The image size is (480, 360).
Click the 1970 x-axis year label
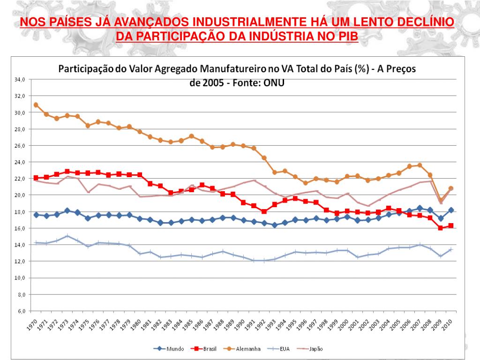(32, 323)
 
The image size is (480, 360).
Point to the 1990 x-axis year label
(240, 323)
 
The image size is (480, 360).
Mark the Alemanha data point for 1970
(36, 105)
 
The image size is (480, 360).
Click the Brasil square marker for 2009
(440, 228)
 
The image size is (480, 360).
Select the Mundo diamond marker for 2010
(450, 210)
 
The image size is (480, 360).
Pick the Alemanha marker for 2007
(420, 165)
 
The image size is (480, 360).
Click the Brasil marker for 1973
(67, 172)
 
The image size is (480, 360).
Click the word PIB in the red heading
(347, 37)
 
